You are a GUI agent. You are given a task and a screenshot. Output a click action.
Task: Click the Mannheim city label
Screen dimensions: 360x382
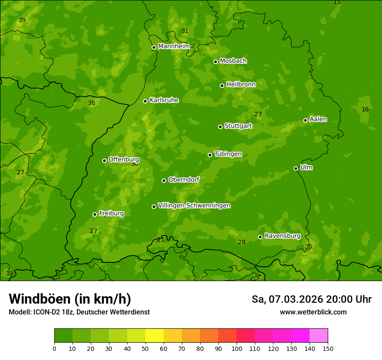tap(174, 46)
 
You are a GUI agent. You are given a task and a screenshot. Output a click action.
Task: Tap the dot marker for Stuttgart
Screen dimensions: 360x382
tap(220, 127)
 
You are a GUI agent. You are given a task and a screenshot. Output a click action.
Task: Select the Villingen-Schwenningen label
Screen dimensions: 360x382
tap(194, 206)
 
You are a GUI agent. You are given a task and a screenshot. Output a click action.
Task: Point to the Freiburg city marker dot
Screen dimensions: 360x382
tap(95, 214)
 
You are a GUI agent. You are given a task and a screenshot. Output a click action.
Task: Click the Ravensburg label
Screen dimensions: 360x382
tap(283, 236)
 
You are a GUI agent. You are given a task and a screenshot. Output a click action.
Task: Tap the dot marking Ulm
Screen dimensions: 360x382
tap(296, 168)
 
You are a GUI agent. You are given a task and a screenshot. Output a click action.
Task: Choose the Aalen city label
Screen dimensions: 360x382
tap(318, 119)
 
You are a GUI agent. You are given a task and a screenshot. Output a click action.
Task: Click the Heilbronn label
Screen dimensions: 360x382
tap(241, 85)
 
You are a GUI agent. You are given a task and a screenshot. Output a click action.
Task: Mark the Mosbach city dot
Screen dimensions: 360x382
tap(215, 62)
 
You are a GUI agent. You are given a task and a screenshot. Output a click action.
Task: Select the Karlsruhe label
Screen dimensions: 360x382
tap(164, 100)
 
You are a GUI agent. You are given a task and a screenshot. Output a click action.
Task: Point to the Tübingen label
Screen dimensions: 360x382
tap(228, 154)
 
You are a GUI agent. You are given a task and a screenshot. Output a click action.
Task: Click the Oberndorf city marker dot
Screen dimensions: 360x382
tap(164, 180)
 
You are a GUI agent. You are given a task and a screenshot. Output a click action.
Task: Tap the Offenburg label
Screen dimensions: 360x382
tap(124, 160)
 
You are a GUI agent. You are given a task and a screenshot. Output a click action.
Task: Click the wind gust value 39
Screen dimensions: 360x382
tap(22, 20)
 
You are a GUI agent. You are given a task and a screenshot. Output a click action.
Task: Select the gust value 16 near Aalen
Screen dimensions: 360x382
tap(365, 110)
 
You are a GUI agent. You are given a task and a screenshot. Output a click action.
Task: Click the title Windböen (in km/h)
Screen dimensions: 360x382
tap(70, 299)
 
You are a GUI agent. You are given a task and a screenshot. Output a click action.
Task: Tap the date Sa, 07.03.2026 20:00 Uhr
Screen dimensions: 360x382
tap(311, 299)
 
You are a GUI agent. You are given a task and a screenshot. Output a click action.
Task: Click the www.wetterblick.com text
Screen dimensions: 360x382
tap(313, 312)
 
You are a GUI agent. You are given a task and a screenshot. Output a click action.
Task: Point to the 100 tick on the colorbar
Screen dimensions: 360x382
tap(237, 348)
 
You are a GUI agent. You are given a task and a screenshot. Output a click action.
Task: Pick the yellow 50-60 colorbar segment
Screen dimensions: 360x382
tap(155, 336)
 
